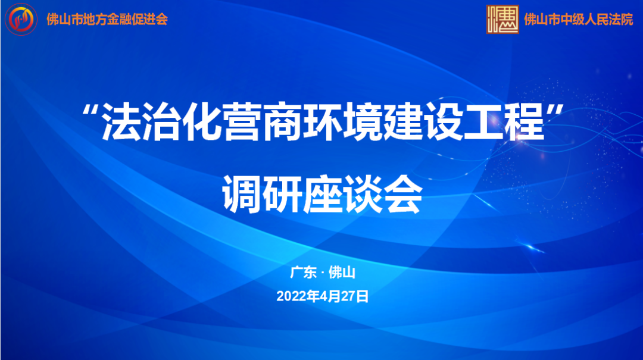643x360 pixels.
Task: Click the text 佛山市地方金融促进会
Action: click(x=107, y=19)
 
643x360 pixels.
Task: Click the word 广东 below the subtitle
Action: click(x=303, y=273)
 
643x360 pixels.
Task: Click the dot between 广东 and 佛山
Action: click(x=322, y=274)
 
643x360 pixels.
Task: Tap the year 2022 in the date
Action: click(x=290, y=296)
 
